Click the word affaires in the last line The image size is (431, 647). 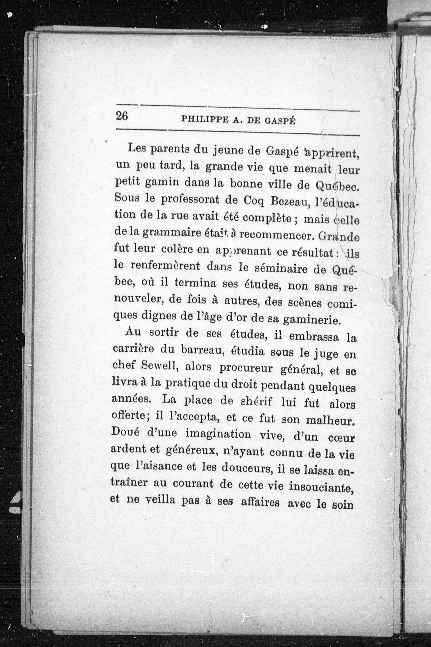(260, 503)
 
